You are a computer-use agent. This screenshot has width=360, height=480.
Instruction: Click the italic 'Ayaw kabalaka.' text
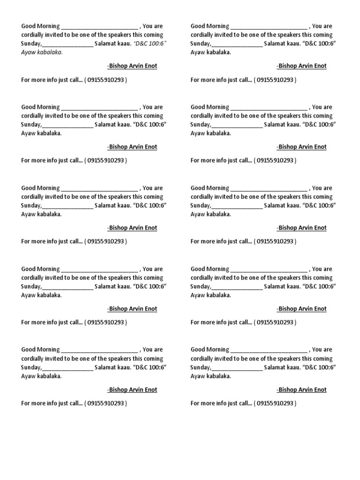pos(42,52)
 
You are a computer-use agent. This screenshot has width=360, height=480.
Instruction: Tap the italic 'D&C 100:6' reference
pos(150,44)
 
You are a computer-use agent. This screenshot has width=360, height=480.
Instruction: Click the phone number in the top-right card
pos(275,80)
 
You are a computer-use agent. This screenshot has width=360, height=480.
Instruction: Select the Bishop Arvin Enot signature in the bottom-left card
pos(132,390)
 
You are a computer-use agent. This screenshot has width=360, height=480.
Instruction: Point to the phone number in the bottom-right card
pos(275,404)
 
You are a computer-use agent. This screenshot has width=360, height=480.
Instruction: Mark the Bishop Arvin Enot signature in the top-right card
pos(301,66)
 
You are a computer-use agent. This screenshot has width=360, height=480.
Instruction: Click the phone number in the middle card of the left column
pos(105,242)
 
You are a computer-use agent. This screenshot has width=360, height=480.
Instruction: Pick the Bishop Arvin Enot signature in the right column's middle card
pos(301,228)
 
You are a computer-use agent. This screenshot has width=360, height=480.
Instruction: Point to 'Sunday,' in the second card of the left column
pos(31,125)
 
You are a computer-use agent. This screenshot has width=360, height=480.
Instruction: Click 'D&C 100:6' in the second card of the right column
pos(320,125)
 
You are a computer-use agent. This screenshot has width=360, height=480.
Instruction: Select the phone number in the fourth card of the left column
pos(105,323)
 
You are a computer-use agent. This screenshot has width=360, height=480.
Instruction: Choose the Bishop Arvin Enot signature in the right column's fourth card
pos(301,309)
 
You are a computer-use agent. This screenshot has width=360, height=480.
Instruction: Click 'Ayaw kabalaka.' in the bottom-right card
pos(210,376)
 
